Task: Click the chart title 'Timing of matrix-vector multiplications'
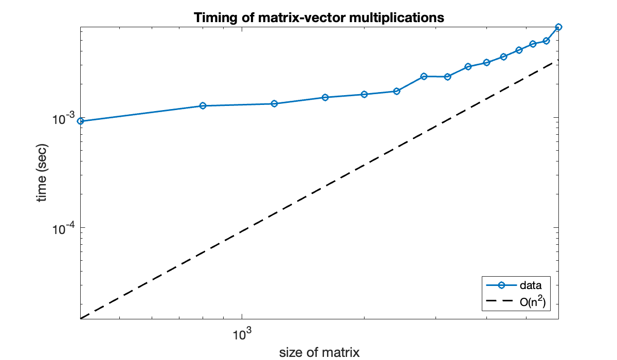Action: pos(319,17)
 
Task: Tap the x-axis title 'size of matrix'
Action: pos(319,352)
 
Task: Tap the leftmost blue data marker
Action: pos(80,121)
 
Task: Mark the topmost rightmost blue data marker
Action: pos(558,27)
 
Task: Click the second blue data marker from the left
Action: pos(203,106)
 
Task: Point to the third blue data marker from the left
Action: pos(274,104)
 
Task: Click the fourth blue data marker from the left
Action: pos(325,97)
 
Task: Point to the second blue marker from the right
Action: pos(547,41)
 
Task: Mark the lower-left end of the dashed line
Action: pos(81,318)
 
